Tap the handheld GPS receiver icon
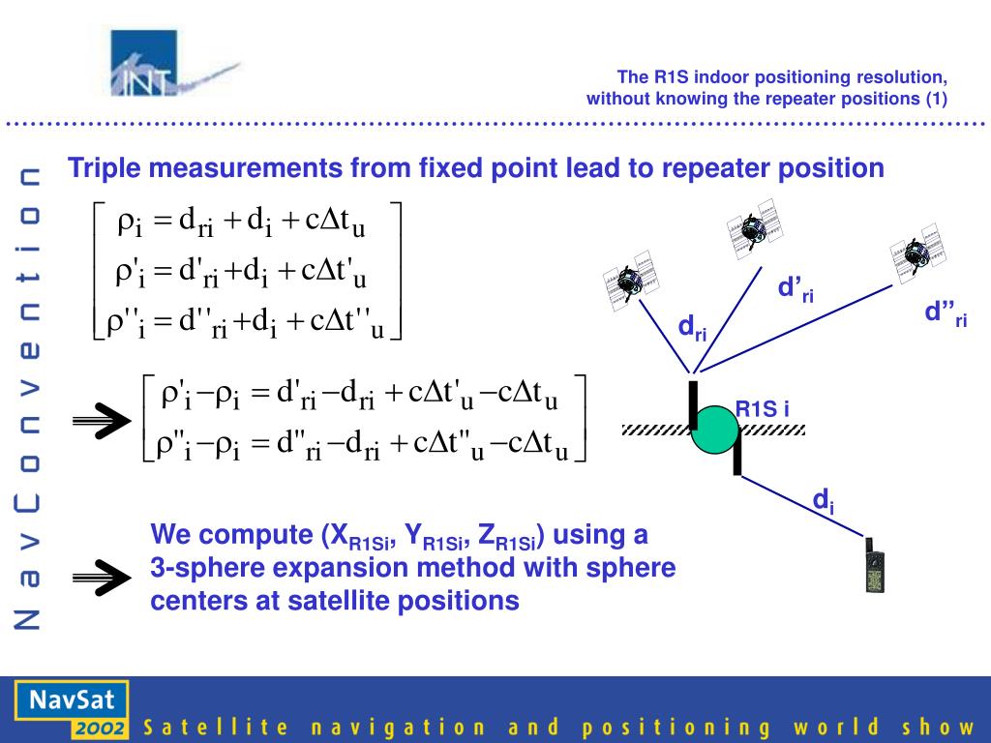pos(875,566)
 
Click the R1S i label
pos(763,408)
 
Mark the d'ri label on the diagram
pos(796,289)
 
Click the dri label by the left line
pos(692,328)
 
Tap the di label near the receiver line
pos(823,501)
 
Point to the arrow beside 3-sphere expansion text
pos(101,578)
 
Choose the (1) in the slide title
pos(936,98)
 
